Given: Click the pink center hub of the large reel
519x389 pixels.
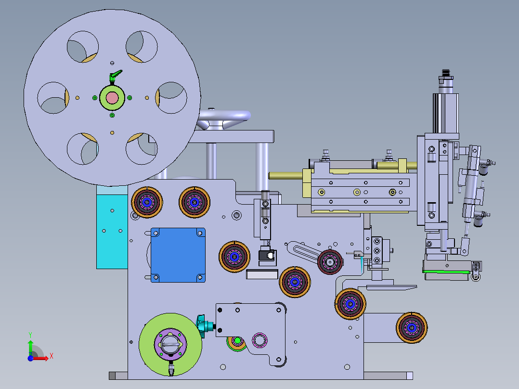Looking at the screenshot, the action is pyautogui.click(x=112, y=98).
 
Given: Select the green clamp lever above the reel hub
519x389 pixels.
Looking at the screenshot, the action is pyautogui.click(x=115, y=76).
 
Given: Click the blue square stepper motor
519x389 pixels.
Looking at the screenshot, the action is pyautogui.click(x=178, y=255).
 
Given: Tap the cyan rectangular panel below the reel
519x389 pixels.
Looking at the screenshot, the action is pyautogui.click(x=112, y=232).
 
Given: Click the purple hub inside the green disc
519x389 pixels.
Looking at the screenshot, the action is pyautogui.click(x=170, y=344).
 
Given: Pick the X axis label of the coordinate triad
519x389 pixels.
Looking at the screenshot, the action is pyautogui.click(x=52, y=356).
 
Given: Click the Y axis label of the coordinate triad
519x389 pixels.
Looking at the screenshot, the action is pyautogui.click(x=30, y=335).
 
